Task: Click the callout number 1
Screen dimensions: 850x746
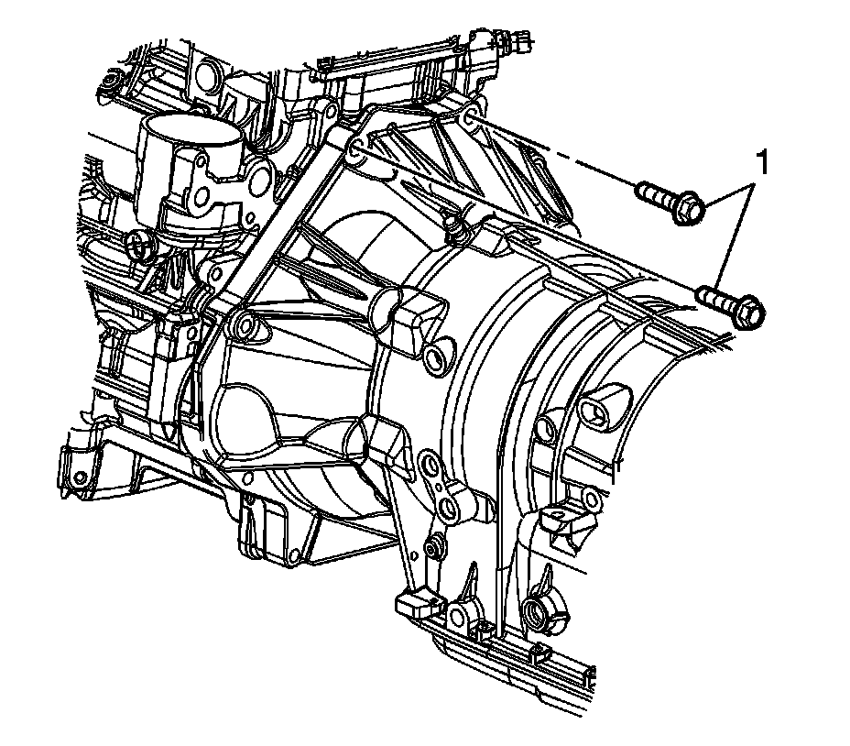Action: (x=763, y=163)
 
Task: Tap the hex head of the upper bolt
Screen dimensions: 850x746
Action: (x=690, y=207)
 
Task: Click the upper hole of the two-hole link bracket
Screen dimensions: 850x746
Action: (x=432, y=464)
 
